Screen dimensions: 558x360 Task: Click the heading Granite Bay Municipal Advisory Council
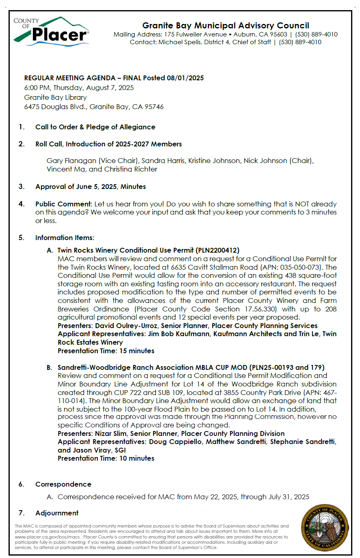tap(226, 26)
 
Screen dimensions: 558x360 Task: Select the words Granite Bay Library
tap(55, 97)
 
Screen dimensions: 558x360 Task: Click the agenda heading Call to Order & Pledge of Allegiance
tap(95, 127)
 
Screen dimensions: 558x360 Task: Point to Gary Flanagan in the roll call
tap(71, 161)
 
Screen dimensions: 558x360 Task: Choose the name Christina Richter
tap(130, 169)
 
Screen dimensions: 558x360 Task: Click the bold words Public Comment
tap(63, 204)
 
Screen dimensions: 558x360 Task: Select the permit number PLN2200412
tap(218, 250)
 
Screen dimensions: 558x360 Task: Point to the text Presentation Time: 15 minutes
tap(106, 351)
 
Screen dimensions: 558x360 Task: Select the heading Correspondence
tap(63, 484)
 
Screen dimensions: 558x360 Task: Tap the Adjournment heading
tap(57, 513)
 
